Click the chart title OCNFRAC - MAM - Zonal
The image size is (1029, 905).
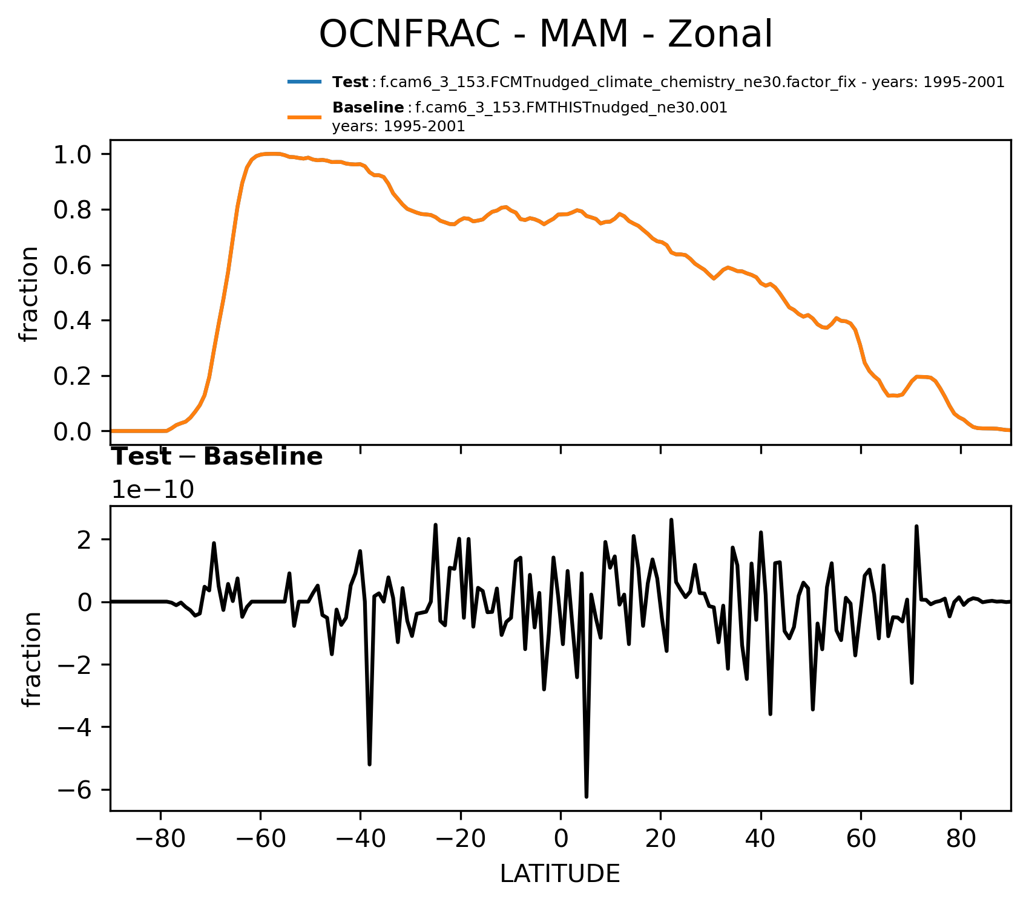[x=545, y=34]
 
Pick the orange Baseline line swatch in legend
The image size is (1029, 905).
[x=304, y=117]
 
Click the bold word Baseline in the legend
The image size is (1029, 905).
[x=368, y=108]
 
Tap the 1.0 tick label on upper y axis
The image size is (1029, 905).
[x=72, y=155]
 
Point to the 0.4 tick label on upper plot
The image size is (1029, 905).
[x=72, y=321]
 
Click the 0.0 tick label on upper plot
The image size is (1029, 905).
[x=72, y=431]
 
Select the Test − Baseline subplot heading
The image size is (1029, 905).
[x=217, y=457]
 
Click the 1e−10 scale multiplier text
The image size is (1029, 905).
[x=153, y=491]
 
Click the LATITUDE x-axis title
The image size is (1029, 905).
[x=560, y=874]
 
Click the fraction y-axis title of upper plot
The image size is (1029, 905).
[x=29, y=294]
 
